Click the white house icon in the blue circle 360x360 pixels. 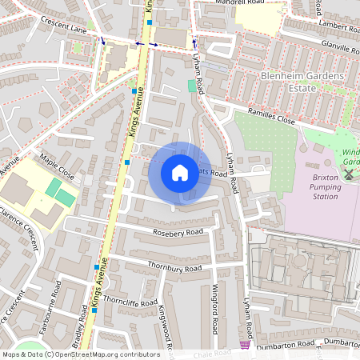point(180,172)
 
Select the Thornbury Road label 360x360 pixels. point(174,266)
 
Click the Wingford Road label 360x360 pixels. point(214,310)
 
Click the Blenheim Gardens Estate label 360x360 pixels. point(302,82)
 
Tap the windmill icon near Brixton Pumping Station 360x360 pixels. point(349,174)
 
